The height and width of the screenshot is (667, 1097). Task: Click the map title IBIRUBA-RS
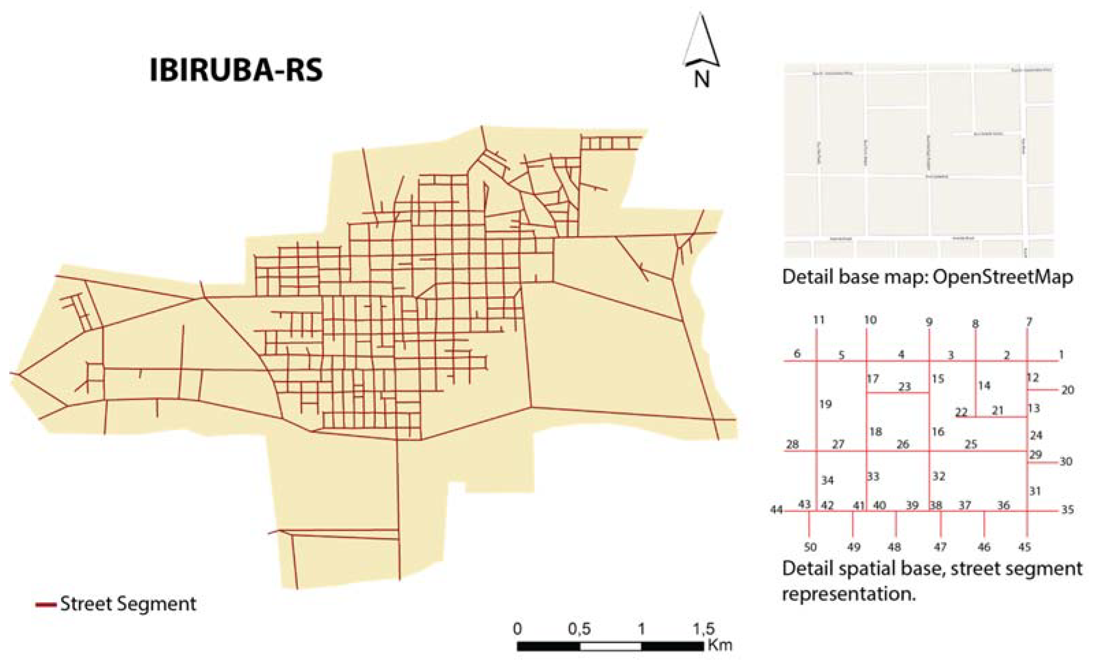point(236,71)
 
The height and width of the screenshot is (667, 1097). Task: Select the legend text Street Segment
point(128,604)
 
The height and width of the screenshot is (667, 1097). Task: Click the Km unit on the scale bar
point(719,645)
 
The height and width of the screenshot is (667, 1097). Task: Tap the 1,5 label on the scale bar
point(703,629)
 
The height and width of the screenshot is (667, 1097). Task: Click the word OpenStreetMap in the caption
point(1003,277)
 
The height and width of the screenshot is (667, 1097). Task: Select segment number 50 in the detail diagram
point(810,547)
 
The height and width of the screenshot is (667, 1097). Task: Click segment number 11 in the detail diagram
point(818,320)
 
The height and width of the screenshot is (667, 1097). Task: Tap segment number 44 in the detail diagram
point(777,510)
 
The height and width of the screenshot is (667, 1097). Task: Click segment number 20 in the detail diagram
point(1067,390)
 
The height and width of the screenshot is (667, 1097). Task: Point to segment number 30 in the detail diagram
point(1066,461)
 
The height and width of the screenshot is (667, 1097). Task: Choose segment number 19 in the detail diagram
point(825,404)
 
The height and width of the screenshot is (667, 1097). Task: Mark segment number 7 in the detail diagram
point(1029,322)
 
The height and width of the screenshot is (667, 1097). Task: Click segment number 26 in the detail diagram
point(902,444)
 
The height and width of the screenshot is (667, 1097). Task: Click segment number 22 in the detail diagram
point(962,412)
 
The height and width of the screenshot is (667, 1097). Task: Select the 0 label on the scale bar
point(517,629)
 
